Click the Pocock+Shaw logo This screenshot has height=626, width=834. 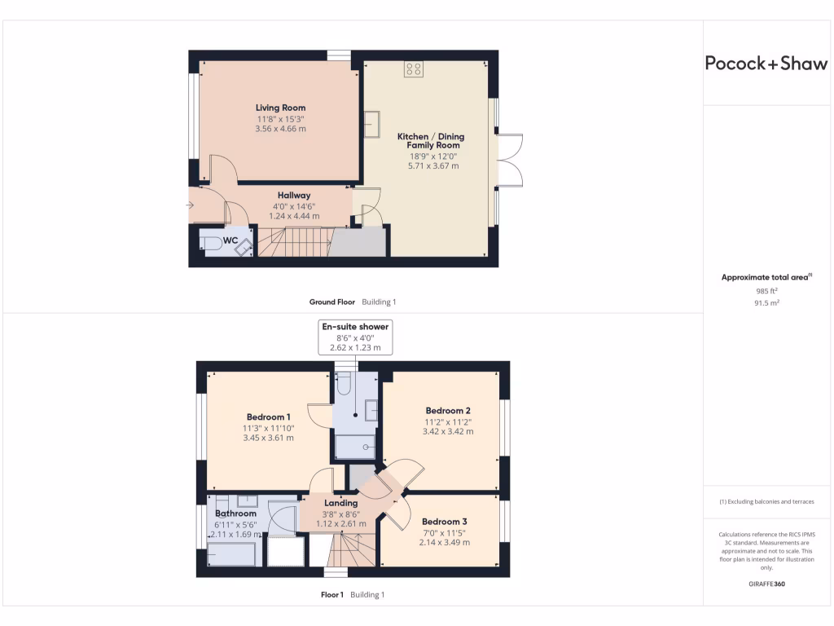(766, 64)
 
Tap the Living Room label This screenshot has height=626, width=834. (280, 108)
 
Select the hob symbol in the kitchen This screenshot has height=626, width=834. (413, 69)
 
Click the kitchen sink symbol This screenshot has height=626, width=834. (374, 125)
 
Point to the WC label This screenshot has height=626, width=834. (230, 240)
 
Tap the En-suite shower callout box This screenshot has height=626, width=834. (355, 337)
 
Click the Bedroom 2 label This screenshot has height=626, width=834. (448, 410)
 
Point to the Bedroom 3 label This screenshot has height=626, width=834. (445, 521)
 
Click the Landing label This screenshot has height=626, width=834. (340, 503)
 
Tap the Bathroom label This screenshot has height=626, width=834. (235, 514)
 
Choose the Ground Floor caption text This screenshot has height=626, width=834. (331, 302)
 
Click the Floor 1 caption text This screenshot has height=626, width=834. (332, 594)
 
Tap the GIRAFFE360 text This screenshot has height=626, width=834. (766, 584)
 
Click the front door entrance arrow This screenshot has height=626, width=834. (191, 205)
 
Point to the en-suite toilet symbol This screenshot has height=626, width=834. (343, 383)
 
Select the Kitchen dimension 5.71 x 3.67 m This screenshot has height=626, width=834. (432, 165)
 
